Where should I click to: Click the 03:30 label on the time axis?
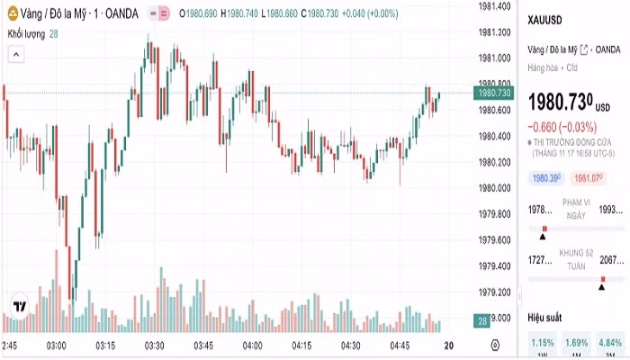(154, 346)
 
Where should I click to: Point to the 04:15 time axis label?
(301, 346)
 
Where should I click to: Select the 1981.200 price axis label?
(495, 32)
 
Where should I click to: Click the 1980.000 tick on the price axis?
(495, 188)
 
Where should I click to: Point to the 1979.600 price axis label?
(495, 239)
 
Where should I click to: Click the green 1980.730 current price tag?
(495, 93)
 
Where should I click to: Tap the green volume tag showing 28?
(482, 321)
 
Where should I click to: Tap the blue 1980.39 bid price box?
(546, 178)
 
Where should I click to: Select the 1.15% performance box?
(543, 342)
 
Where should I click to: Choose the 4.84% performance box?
(609, 342)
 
